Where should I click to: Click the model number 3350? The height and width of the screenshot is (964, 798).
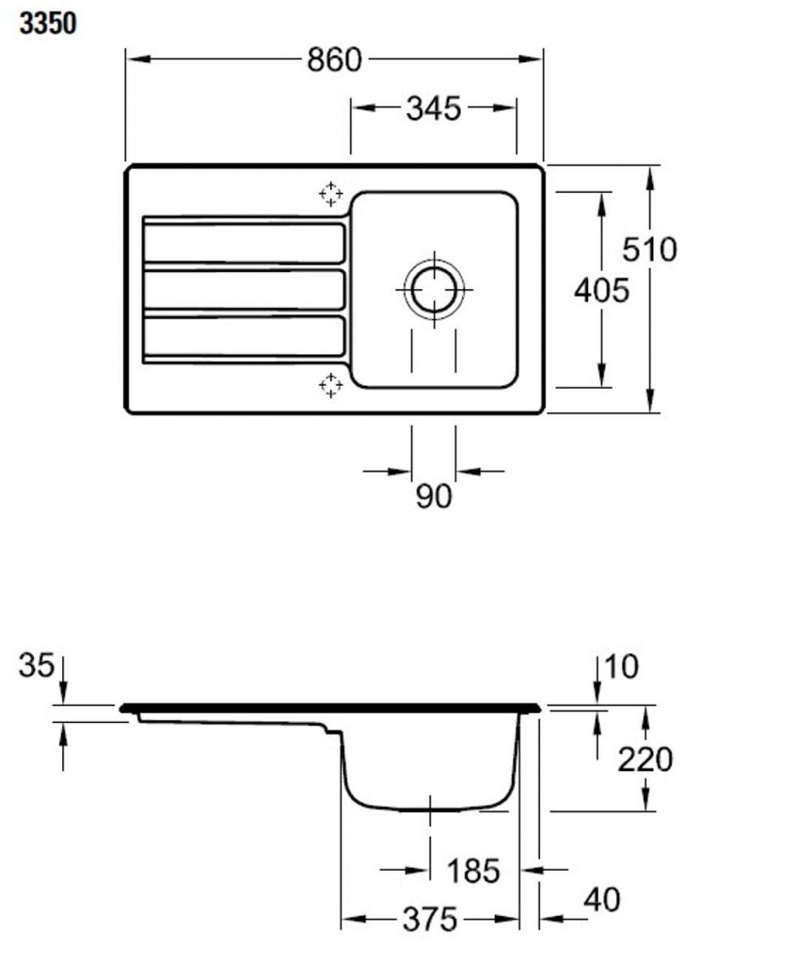coord(48,24)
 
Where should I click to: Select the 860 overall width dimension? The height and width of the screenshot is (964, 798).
coord(334,60)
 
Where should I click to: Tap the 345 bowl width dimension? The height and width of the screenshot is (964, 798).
coord(434,109)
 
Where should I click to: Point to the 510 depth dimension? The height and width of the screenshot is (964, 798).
coord(649,249)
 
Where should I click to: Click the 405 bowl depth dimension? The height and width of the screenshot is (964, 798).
coord(601,290)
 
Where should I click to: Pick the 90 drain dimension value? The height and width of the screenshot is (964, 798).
coord(434,496)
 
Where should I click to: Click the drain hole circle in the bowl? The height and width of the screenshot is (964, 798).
coord(434,290)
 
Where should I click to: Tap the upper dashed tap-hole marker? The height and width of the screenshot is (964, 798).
coord(330,194)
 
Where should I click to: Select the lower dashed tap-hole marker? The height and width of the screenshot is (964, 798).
coord(330,385)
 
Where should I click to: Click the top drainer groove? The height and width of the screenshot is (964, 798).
coord(244,244)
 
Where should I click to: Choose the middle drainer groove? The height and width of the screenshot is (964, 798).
coord(244,290)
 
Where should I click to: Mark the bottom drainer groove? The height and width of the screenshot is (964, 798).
coord(244,336)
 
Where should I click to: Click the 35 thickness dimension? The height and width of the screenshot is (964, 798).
coord(37,666)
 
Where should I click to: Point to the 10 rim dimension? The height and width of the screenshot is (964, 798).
coord(622,667)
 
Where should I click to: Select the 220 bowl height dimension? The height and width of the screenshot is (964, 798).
coord(645,760)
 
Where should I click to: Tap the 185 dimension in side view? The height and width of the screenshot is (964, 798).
coord(473,871)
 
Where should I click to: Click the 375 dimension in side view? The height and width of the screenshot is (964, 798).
coord(430,920)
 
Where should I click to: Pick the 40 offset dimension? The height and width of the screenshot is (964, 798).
coord(602,900)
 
